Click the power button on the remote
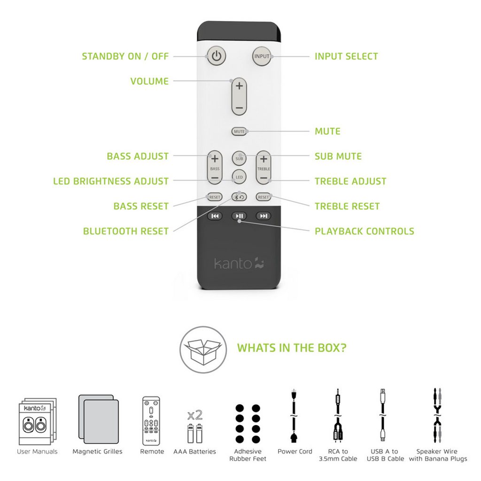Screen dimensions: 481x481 (x=216, y=56)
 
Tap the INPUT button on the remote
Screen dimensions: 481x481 (x=262, y=56)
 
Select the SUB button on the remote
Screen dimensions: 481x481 (x=239, y=158)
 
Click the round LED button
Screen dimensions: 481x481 (x=239, y=177)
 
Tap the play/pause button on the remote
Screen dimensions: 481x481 (x=239, y=216)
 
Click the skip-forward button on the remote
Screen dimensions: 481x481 (x=264, y=216)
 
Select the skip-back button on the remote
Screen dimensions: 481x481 (x=215, y=216)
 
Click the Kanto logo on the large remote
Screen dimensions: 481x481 (x=239, y=263)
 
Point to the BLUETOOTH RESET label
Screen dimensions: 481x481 (x=125, y=231)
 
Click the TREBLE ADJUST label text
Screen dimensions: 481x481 (x=350, y=181)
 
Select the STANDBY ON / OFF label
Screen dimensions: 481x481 (x=125, y=56)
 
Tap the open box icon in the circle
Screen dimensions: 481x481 (x=202, y=349)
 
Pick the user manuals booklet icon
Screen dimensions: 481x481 (x=37, y=423)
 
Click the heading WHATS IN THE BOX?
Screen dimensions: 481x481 (x=292, y=348)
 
